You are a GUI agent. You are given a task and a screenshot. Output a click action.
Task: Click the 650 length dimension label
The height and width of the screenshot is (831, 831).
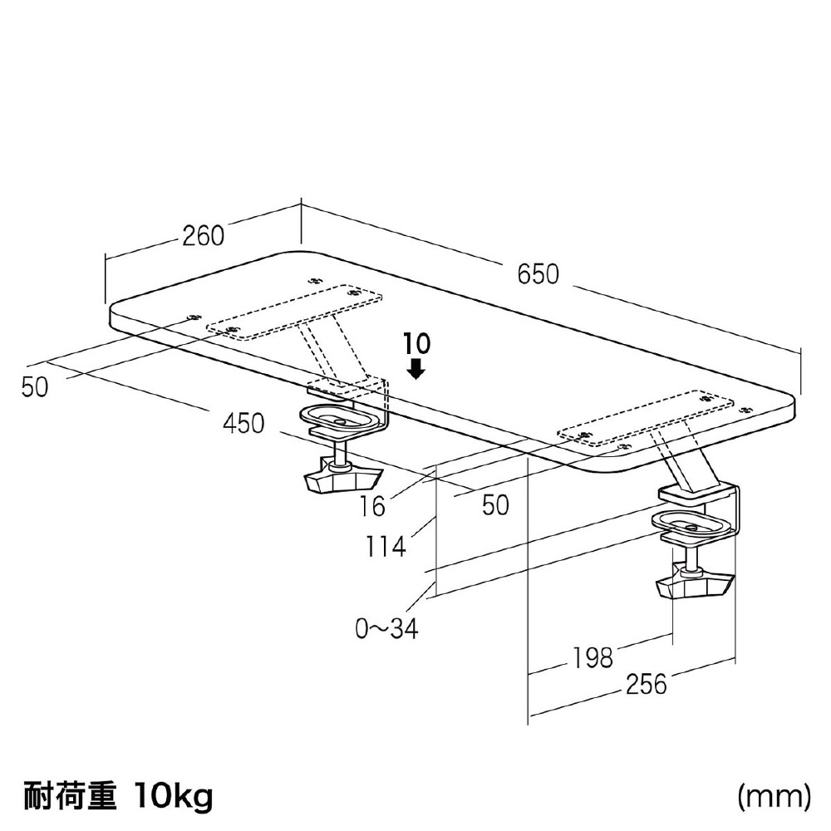pyautogui.click(x=538, y=274)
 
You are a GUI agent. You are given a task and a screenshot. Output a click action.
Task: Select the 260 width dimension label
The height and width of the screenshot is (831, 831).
pyautogui.click(x=204, y=236)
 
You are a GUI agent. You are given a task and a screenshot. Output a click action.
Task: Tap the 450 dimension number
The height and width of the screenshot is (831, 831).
pyautogui.click(x=243, y=424)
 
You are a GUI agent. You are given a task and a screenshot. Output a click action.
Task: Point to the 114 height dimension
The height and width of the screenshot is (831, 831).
pyautogui.click(x=386, y=547)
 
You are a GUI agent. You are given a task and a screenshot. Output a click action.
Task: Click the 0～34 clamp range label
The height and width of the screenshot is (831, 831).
pyautogui.click(x=387, y=628)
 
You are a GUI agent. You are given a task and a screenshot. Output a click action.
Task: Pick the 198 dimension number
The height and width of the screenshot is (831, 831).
pyautogui.click(x=592, y=658)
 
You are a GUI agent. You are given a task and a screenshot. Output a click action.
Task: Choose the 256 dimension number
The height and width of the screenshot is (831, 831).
pyautogui.click(x=646, y=684)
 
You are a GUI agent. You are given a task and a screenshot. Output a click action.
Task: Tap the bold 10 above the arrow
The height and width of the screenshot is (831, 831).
pyautogui.click(x=417, y=344)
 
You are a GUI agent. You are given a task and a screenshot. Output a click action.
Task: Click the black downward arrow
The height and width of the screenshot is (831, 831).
pyautogui.click(x=417, y=368)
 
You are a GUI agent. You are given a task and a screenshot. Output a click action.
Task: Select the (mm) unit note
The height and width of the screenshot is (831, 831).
pyautogui.click(x=774, y=795)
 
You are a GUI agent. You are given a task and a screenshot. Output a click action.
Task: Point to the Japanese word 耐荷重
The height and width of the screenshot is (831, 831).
pyautogui.click(x=70, y=795)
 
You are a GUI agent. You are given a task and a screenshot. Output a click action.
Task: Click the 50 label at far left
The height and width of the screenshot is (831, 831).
pyautogui.click(x=35, y=387)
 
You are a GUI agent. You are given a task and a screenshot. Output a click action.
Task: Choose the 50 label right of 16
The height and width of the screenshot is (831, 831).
pyautogui.click(x=495, y=505)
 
